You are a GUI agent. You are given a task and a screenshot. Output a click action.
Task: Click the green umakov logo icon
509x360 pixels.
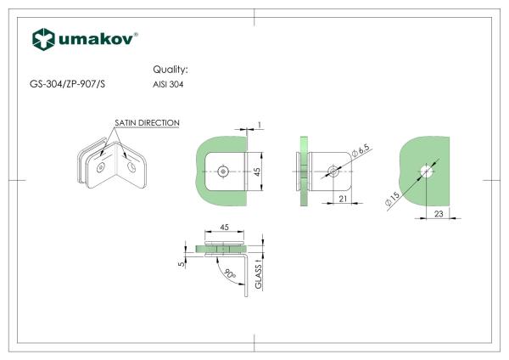[43, 39]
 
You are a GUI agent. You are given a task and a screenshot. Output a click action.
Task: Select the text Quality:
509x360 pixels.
[170, 69]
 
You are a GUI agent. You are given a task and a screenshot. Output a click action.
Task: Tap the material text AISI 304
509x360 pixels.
[168, 85]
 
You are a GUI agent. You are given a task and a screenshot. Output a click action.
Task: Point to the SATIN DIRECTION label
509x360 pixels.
[147, 123]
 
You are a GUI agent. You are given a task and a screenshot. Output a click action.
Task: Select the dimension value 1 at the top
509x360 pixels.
[259, 125]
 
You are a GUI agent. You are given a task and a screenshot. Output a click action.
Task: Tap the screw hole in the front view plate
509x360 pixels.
[222, 171]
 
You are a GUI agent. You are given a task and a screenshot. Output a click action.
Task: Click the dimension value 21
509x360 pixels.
[344, 200]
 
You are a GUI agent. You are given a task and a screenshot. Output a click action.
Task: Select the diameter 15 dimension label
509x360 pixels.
[393, 202]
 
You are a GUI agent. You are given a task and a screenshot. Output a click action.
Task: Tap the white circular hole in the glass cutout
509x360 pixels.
[427, 172]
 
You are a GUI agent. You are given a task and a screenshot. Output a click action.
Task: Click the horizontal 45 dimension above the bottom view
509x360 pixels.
[225, 228]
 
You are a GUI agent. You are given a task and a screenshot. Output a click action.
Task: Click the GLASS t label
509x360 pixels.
[259, 276]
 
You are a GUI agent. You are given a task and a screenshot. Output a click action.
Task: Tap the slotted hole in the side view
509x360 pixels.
[333, 172]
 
